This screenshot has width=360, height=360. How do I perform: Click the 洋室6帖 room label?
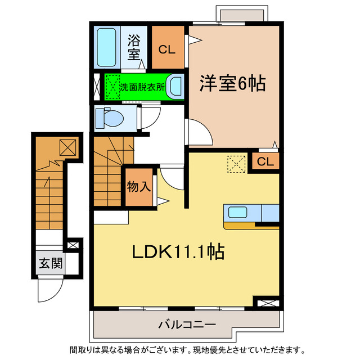click(x=232, y=84)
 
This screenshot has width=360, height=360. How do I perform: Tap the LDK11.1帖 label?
click(x=178, y=251)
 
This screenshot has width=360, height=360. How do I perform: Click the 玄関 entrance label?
click(x=50, y=263)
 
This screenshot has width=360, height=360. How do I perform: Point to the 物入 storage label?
click(x=138, y=186)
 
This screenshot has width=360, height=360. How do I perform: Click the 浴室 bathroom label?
click(x=133, y=47)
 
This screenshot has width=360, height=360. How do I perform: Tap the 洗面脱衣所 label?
click(x=142, y=88)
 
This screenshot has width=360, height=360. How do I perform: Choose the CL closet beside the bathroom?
click(x=166, y=49)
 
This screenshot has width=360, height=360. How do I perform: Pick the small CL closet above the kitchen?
click(x=265, y=162)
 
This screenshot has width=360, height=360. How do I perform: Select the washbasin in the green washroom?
click(x=176, y=87)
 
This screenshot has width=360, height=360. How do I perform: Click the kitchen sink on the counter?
click(x=236, y=213)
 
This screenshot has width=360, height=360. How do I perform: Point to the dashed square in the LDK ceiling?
click(x=235, y=164)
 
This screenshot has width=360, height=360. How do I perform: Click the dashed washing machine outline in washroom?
click(x=112, y=87)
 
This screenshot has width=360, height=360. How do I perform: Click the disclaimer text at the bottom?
click(x=186, y=350)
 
